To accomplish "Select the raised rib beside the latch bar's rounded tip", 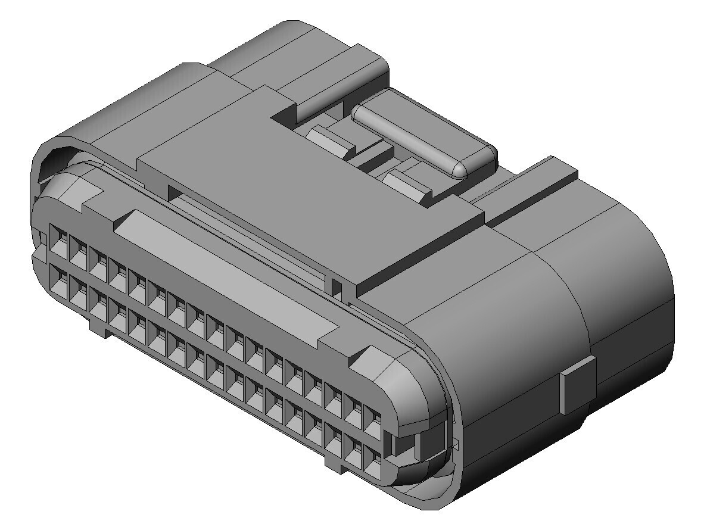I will (530, 185).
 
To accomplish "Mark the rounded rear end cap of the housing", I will (631, 298).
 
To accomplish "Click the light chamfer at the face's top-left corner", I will (89, 197).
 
